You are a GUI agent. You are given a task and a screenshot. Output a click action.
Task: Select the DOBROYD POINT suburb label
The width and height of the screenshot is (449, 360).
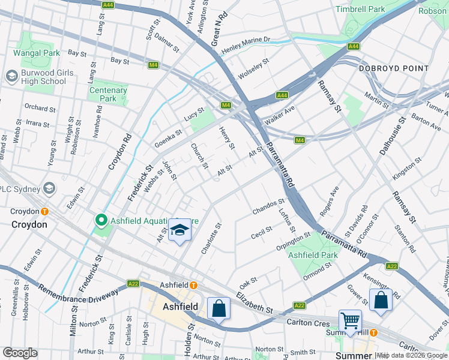[394, 68]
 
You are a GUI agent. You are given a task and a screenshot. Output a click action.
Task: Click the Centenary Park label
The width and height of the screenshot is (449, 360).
[108, 94]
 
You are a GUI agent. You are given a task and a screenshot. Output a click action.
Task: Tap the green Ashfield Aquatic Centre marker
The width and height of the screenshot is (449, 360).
[101, 220]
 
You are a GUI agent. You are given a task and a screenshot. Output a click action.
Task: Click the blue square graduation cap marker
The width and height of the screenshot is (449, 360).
[179, 231]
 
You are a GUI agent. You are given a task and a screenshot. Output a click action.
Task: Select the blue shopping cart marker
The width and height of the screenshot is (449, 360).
[350, 320]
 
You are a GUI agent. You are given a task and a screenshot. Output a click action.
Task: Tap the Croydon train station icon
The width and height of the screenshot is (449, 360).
[45, 212]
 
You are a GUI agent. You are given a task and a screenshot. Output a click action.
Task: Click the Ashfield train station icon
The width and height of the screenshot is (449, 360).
[194, 284]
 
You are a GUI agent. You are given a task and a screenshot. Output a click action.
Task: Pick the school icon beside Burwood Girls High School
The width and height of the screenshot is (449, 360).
[11, 76]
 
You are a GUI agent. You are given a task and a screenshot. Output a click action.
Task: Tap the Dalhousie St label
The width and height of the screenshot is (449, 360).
[393, 136]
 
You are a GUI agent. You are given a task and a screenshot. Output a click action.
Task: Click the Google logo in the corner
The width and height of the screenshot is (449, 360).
[20, 353]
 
